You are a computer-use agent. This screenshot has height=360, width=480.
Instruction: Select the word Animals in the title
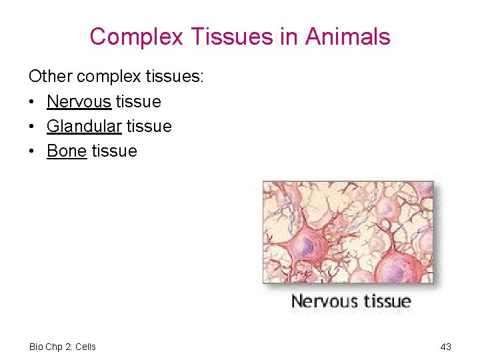pos(347,37)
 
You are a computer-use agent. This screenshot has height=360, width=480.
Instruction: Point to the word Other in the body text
pos(51,77)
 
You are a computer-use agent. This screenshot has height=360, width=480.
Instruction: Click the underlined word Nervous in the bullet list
pos(79,101)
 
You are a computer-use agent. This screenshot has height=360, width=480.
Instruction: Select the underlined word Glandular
pos(84,126)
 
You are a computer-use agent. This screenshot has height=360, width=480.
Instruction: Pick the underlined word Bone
pos(67,151)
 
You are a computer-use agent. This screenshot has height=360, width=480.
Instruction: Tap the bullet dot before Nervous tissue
pos(33,102)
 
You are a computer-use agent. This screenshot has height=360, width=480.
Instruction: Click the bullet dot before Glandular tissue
pos(33,127)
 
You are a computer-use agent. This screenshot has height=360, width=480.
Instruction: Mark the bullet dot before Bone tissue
pos(33,151)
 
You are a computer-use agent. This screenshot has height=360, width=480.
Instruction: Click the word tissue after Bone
pos(114,151)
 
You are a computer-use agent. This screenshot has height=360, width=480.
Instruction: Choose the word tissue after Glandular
pos(149,126)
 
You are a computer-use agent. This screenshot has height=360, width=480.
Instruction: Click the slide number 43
pos(446,347)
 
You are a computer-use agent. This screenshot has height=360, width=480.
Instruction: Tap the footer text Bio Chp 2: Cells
pos(63,347)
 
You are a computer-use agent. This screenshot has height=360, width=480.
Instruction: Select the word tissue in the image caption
pos(385,302)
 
